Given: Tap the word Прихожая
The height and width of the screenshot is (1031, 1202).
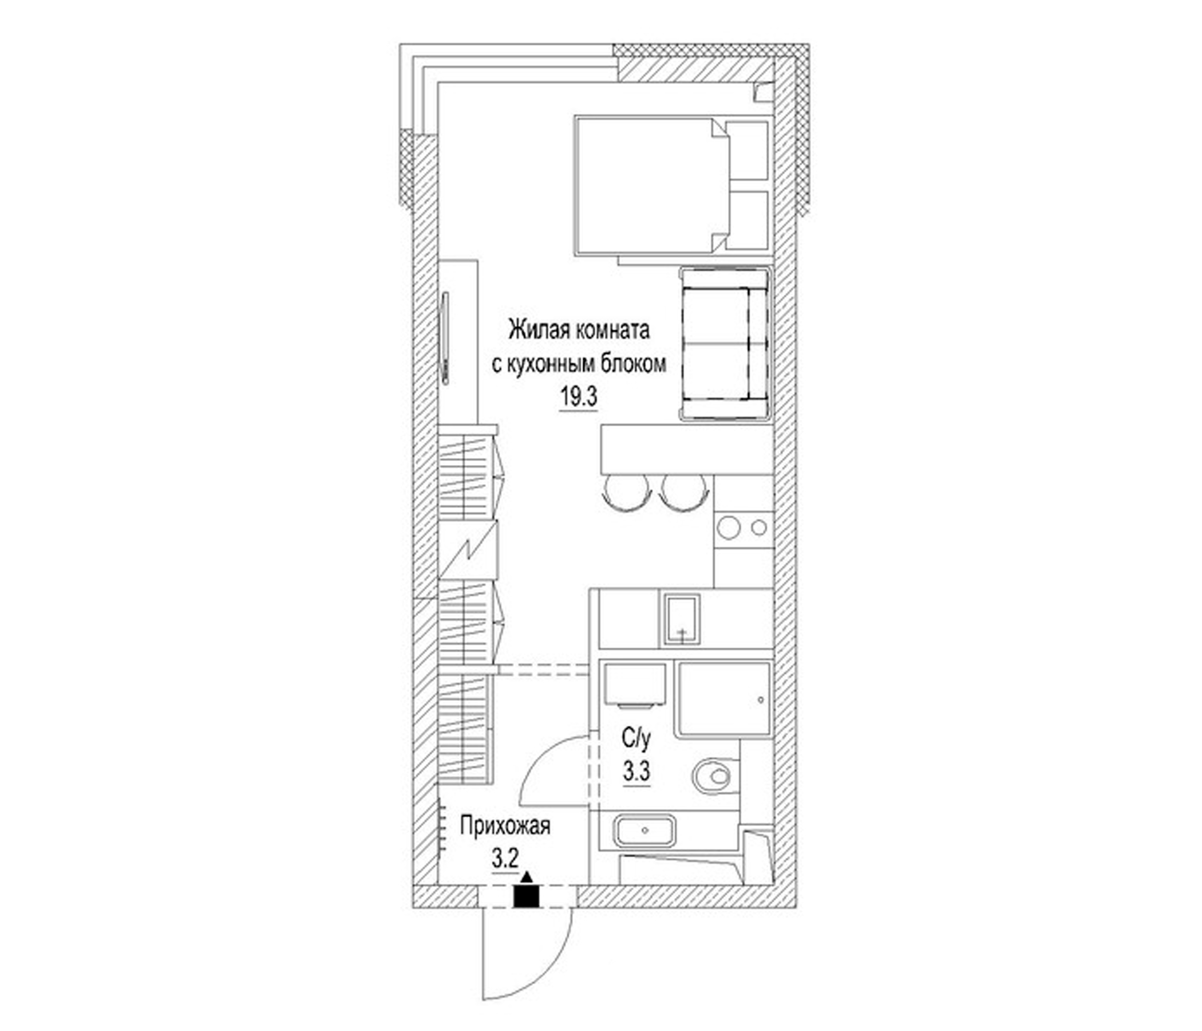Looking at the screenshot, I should [505, 825].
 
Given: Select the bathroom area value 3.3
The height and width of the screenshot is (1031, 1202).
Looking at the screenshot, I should [636, 772].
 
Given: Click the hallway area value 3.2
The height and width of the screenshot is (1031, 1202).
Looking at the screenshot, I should [505, 859].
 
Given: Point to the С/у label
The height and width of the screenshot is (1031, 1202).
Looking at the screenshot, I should [636, 739].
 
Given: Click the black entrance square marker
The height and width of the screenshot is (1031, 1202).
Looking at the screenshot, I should [526, 896].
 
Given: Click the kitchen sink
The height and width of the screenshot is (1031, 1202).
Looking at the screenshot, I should [682, 619].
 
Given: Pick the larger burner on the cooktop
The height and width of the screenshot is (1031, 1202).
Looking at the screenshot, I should [729, 528].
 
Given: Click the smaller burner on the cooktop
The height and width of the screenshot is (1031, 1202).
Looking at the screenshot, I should [758, 528].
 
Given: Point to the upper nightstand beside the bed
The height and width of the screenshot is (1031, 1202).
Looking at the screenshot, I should [748, 151].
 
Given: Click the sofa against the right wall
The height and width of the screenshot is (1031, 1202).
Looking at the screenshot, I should [725, 343].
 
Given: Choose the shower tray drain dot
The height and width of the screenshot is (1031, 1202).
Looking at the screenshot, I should [761, 701].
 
